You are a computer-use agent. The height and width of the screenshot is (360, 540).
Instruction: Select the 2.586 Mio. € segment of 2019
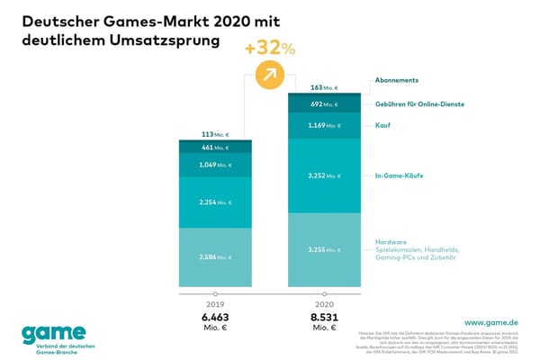215,257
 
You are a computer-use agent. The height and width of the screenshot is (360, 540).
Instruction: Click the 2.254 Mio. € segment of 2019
215,202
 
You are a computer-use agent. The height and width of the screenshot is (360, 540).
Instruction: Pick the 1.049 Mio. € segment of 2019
215,165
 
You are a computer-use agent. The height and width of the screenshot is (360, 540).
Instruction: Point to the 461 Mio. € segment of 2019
215,147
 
